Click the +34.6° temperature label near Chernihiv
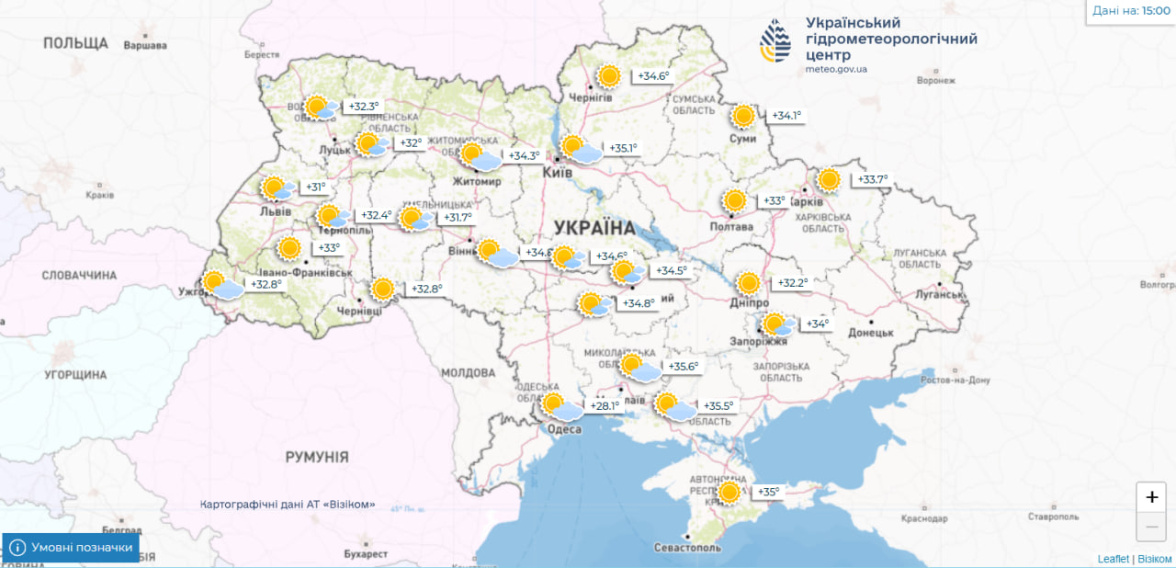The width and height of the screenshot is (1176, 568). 653,76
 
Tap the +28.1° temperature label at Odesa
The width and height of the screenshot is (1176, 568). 605,405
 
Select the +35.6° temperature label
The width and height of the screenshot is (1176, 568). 682,367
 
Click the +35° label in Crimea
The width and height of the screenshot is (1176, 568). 767,492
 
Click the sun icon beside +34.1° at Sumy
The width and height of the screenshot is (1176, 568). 743,116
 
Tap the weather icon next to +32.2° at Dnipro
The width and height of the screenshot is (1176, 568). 748,283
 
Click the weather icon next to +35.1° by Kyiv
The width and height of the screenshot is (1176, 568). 580,149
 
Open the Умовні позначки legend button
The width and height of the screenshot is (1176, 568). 72,548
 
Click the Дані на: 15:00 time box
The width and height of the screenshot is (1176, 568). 1130,12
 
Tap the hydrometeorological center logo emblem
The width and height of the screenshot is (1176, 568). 775,41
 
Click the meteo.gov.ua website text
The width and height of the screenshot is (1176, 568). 836,69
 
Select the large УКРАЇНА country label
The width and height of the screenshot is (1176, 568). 594,228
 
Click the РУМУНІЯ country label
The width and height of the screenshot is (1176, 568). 316,457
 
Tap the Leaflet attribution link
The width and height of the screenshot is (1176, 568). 1113,559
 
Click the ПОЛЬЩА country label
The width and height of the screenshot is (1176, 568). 75,43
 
